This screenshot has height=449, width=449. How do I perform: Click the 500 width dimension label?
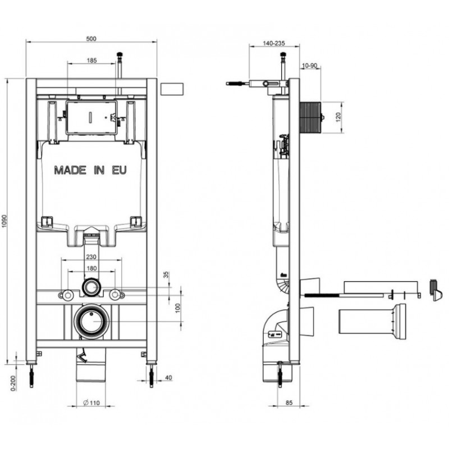[x=91, y=39]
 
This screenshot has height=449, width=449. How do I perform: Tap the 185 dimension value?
[x=91, y=61]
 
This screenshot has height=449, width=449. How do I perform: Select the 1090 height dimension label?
[x=4, y=221]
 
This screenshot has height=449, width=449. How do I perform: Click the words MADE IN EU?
[x=90, y=171]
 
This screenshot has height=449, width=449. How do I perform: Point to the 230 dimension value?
[x=91, y=257]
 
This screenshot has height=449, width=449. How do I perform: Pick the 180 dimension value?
[x=91, y=268]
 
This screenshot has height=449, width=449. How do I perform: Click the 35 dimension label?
[x=166, y=274]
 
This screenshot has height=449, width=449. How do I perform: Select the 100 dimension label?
[x=178, y=308]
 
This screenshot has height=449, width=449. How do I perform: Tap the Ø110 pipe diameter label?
[x=91, y=403]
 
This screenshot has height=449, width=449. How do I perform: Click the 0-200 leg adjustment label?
[x=13, y=383]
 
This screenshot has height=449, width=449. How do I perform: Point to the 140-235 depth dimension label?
[x=274, y=43]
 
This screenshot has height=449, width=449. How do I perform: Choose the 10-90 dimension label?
[x=310, y=66]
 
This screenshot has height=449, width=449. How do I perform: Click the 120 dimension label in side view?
[x=338, y=117]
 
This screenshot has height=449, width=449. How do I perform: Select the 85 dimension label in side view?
[x=289, y=402]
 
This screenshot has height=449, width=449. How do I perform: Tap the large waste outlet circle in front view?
[x=91, y=322]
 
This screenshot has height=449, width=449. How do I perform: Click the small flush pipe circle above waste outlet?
[x=91, y=287]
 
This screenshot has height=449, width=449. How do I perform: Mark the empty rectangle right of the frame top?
[x=172, y=89]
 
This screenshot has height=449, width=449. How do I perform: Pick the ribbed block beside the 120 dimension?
[x=310, y=117]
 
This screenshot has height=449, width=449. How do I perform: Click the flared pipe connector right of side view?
[x=373, y=321]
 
